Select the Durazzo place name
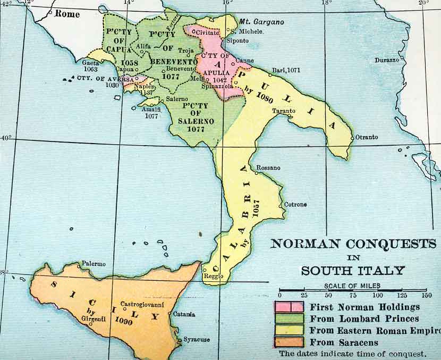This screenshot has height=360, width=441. pos(386,60)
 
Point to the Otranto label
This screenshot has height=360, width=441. pos(367,137)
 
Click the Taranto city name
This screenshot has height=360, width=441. pos(284,111)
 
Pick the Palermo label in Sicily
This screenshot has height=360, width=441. pos(94,264)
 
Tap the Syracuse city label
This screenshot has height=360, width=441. pos(197,339)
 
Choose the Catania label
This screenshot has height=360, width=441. pos(184,314)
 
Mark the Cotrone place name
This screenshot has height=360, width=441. pos(295,204)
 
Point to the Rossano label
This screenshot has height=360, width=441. pos(268,168)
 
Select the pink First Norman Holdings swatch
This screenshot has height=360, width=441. pos(289,307)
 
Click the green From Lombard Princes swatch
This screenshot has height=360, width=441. pos(289,319)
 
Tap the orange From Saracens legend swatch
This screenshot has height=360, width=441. pos(289,342)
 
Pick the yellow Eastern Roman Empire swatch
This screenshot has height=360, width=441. pos(289,330)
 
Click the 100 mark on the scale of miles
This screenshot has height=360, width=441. pos(377,295)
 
